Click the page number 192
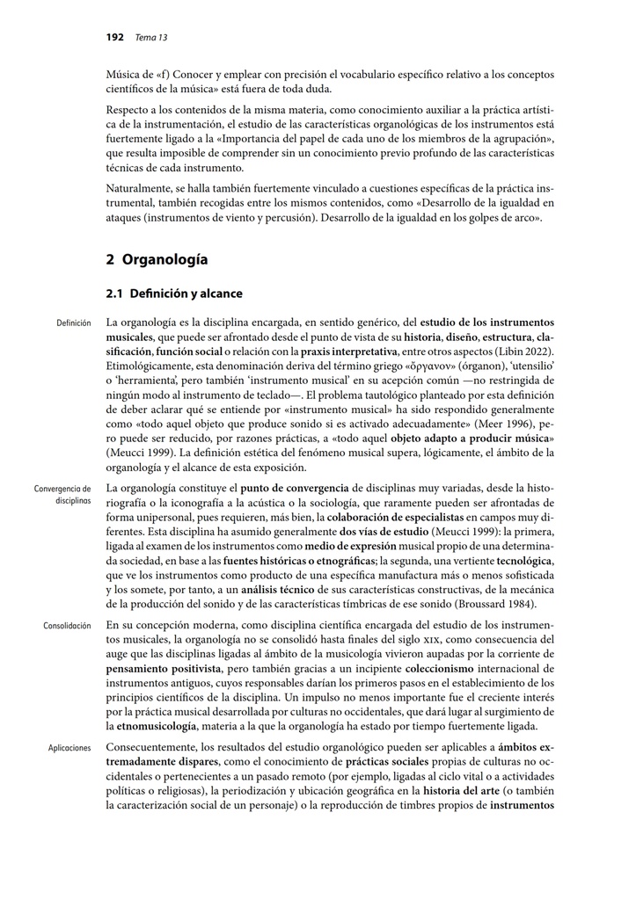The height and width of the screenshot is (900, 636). (x=114, y=37)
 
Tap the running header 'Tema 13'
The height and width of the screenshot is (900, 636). (x=150, y=37)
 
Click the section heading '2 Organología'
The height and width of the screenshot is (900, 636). (x=157, y=259)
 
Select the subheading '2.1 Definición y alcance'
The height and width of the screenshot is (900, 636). (x=173, y=294)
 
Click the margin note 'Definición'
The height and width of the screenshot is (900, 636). (x=73, y=323)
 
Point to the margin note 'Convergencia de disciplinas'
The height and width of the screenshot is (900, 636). (x=62, y=494)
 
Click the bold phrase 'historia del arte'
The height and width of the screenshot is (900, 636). (x=459, y=789)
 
